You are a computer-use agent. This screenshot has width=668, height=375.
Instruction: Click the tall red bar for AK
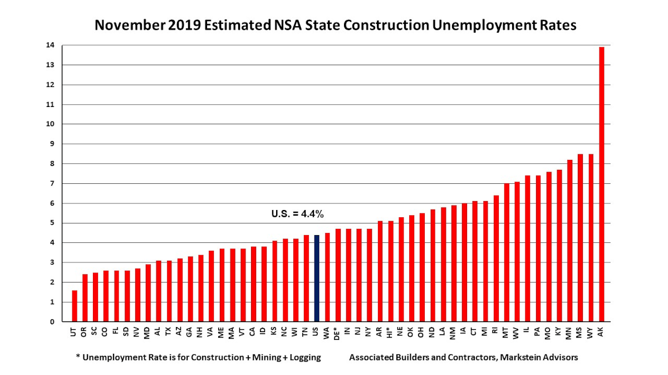point(602,184)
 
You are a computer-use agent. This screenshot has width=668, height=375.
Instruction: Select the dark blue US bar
point(317,279)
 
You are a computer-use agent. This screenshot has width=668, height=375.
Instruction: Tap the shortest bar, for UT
point(75,306)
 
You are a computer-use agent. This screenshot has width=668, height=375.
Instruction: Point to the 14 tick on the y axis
point(51,46)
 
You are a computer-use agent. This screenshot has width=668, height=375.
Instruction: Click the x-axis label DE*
point(338,333)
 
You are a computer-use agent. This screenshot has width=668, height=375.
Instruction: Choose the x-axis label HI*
point(391,333)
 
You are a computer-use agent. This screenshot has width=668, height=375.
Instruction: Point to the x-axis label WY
point(591,332)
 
